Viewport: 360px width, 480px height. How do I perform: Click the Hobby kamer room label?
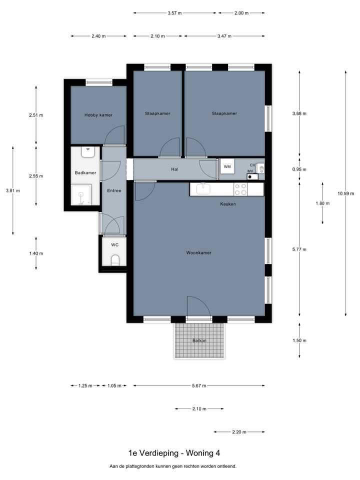tap(98, 115)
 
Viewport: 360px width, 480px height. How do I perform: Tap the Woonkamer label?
tap(198, 253)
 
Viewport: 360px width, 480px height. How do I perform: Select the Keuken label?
tap(228, 204)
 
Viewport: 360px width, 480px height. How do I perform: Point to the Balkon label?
tap(199, 340)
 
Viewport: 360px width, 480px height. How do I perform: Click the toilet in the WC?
tap(115, 260)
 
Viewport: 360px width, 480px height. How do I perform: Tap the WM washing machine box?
tap(227, 166)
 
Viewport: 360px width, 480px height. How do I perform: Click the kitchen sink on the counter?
tap(202, 189)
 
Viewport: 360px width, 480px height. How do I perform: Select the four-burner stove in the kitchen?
tap(240, 189)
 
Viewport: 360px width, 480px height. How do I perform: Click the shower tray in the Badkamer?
tap(81, 194)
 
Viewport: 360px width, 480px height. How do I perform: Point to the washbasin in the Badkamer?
tap(88, 152)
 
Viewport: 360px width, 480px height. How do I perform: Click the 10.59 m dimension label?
tap(345, 193)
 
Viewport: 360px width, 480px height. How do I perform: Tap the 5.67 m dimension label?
tap(199, 385)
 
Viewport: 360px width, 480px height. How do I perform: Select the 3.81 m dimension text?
tap(13, 190)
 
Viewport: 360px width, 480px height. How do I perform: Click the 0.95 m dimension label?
tap(299, 169)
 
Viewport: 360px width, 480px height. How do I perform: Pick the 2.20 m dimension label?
tap(239, 432)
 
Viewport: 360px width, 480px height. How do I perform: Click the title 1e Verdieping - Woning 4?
tap(174, 453)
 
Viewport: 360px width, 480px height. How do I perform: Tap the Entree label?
tap(114, 190)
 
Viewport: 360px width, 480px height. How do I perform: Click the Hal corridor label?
tap(175, 169)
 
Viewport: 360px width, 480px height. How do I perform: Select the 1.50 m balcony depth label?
tap(299, 340)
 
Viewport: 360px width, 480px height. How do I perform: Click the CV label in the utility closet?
tap(252, 165)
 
